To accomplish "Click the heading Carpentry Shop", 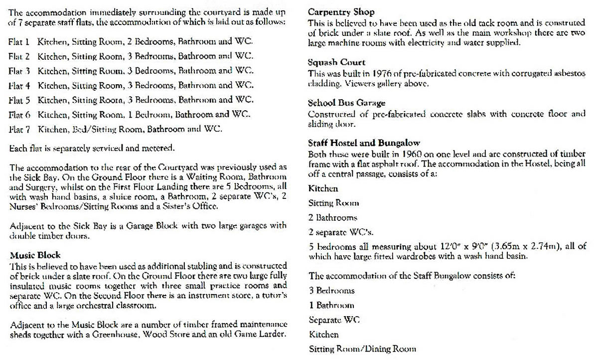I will [341, 11].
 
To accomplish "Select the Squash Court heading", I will [337, 62].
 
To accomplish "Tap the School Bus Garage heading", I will [347, 103].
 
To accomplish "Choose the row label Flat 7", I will [19, 129].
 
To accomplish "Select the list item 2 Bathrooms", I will [333, 217].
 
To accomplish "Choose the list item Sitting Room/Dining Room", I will [362, 349].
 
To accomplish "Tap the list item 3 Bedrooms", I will [332, 290].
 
